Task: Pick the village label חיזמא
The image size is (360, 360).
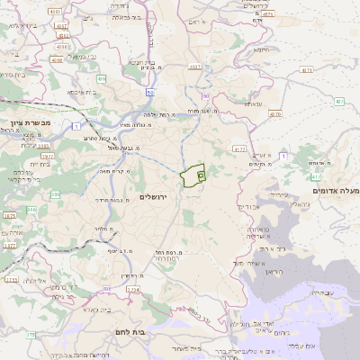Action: pos(263,49)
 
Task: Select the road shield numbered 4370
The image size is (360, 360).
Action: pos(275,114)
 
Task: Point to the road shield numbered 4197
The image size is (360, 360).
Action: pos(238,148)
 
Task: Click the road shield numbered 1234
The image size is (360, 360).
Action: pos(134,289)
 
